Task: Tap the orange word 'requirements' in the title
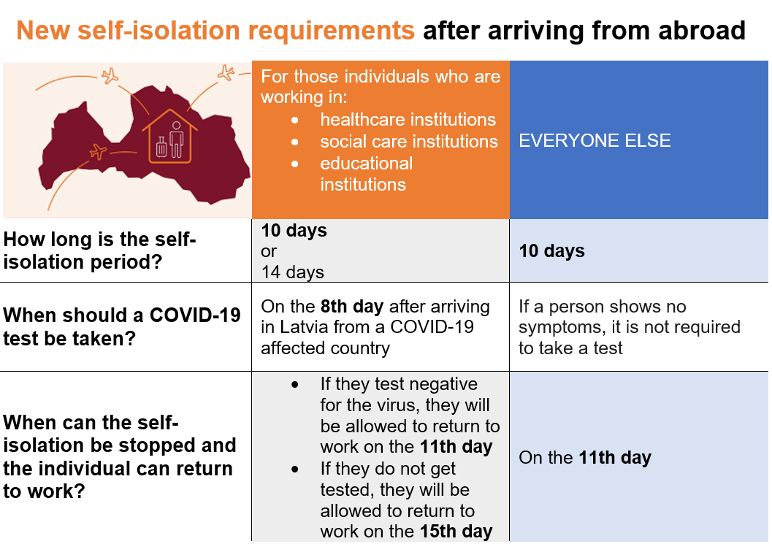tap(332, 31)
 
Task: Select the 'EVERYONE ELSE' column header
tap(595, 140)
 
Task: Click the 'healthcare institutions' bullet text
tap(408, 120)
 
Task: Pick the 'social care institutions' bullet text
tap(409, 141)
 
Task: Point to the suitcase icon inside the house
tap(161, 147)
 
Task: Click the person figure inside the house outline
tap(176, 139)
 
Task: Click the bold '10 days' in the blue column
tap(551, 250)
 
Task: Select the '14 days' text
tap(292, 272)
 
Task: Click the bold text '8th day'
tap(351, 306)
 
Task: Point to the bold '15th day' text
tap(456, 531)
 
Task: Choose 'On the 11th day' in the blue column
tap(585, 457)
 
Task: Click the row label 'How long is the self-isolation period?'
tap(99, 250)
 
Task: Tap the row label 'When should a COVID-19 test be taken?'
tap(122, 326)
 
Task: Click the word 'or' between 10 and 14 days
tap(269, 252)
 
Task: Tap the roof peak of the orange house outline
tap(170, 110)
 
